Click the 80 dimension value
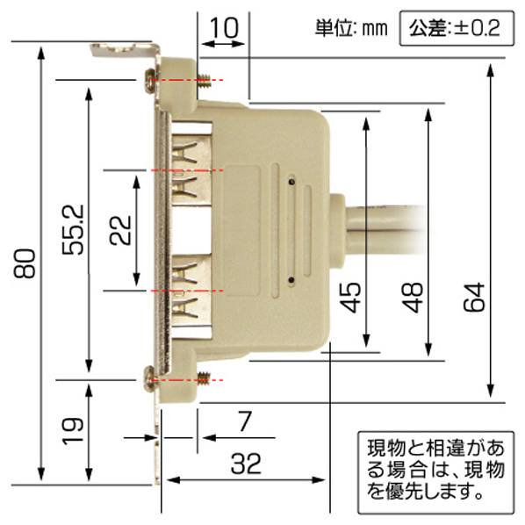25,263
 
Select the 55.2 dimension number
73,230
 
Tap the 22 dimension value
120,230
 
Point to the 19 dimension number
73,431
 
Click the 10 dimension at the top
225,27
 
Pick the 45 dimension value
350,298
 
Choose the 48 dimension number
412,298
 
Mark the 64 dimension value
474,298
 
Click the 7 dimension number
246,421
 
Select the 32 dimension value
246,464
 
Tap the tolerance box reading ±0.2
457,28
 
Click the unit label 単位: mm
351,28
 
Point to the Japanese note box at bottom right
436,472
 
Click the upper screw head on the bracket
150,81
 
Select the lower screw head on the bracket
150,379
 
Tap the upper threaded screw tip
204,81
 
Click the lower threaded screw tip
204,379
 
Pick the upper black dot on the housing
292,182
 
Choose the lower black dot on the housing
292,279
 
